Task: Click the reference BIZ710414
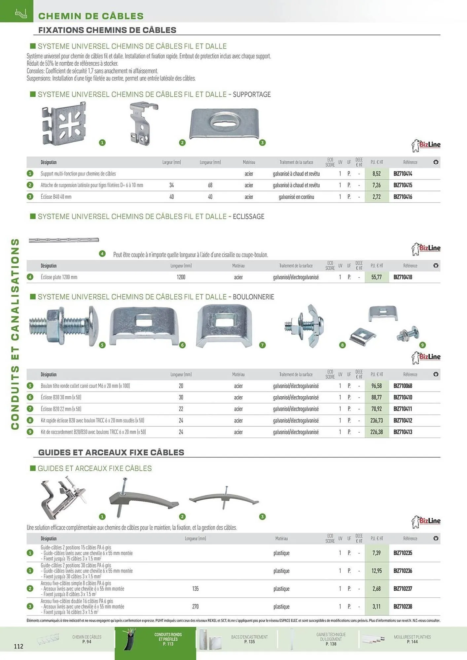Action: pos(403,174)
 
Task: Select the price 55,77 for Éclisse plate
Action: pos(377,277)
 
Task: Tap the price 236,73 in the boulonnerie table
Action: pos(377,420)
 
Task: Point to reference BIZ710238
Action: pos(403,607)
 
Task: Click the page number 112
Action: pos(18,646)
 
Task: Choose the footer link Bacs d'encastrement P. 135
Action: pos(249,639)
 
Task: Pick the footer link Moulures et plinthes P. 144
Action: pos(412,639)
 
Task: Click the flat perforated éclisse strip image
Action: pos(64,240)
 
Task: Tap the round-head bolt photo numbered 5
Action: pos(64,326)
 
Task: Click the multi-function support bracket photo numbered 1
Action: pos(64,123)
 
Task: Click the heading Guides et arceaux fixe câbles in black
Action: pos(111,452)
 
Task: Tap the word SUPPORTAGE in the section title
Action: pos(252,94)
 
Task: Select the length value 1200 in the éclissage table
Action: pos(181,277)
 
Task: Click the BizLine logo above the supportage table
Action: pos(426,145)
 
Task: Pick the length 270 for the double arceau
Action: pos(195,607)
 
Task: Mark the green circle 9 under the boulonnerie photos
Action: pos(422,345)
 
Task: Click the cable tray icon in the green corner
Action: pos(20,13)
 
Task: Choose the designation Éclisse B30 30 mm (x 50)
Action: pos(61,397)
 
